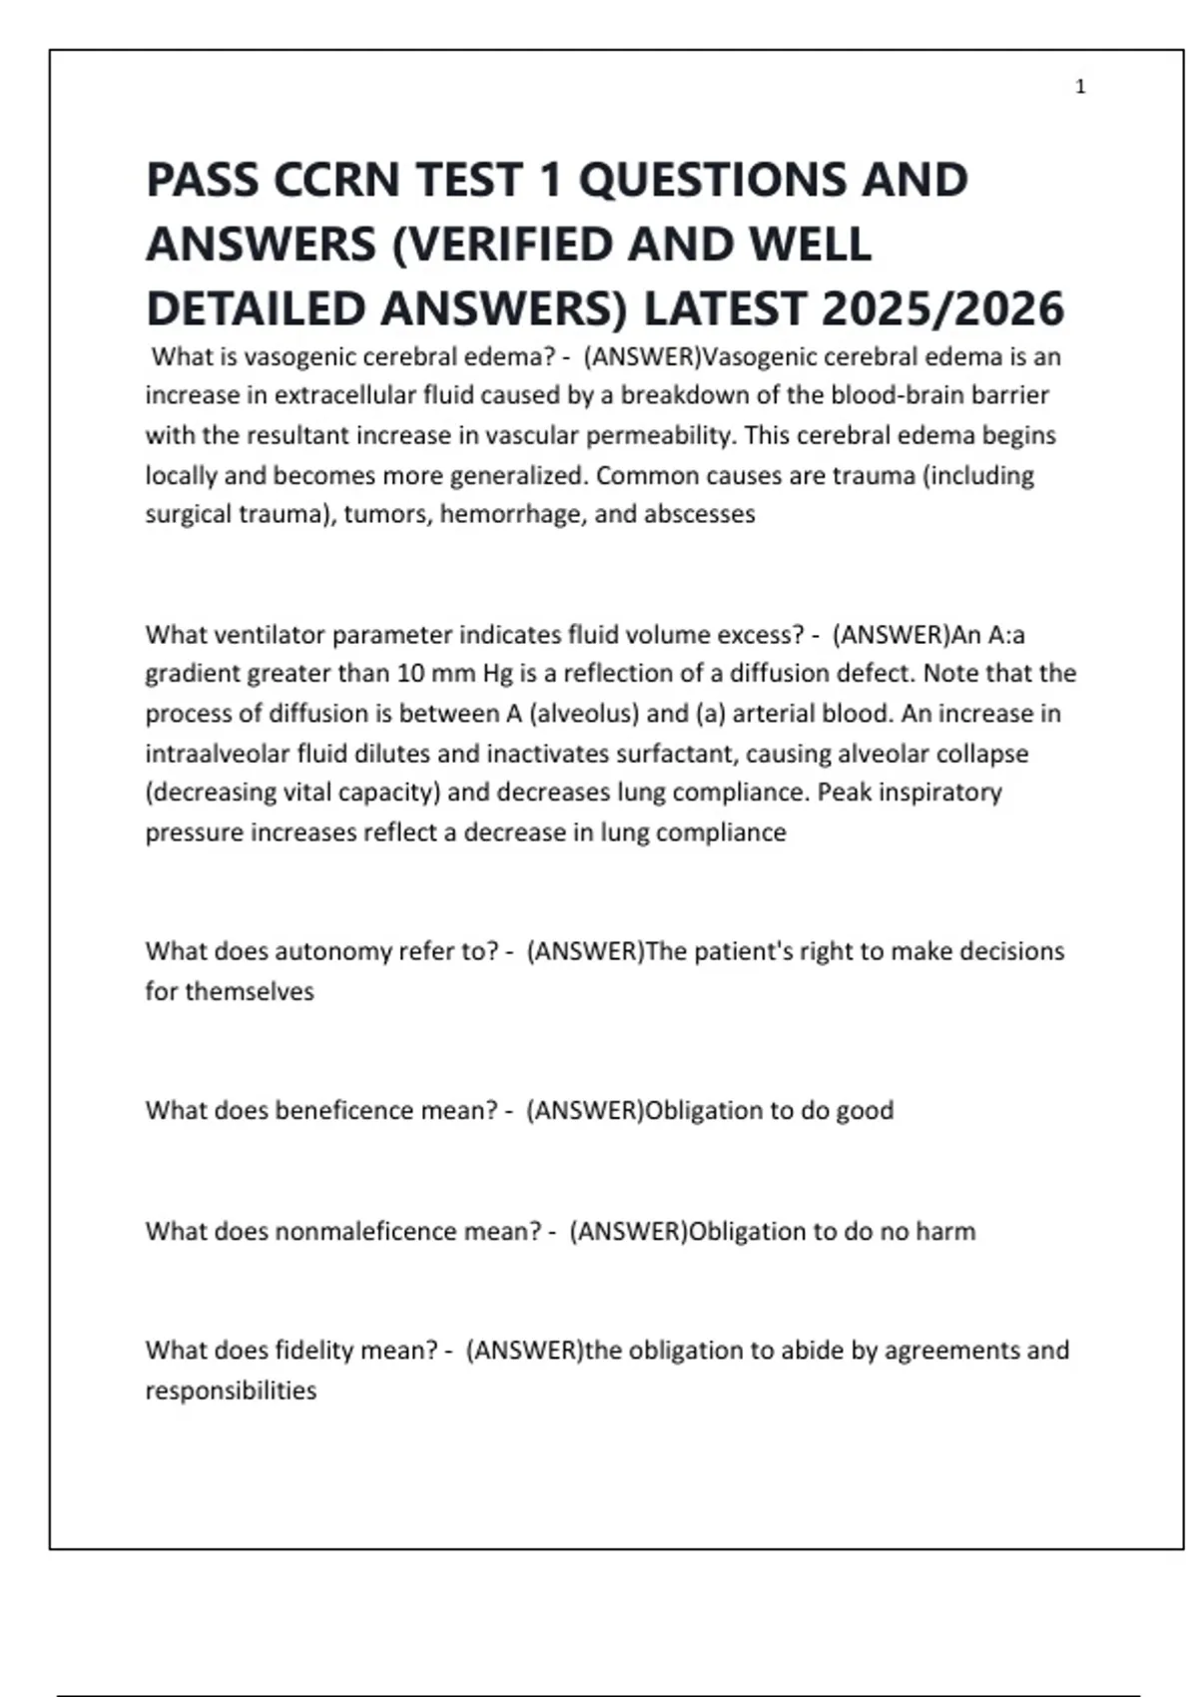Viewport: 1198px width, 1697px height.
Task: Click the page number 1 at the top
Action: tap(1080, 87)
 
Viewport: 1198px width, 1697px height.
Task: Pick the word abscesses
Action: tap(700, 514)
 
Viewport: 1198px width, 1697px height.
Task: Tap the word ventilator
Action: tap(269, 635)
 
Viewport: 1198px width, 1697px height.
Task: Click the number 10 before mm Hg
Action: tap(410, 674)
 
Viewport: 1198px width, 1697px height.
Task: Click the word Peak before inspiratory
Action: tap(843, 793)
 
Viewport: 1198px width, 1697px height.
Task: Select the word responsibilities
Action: tap(231, 1391)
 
